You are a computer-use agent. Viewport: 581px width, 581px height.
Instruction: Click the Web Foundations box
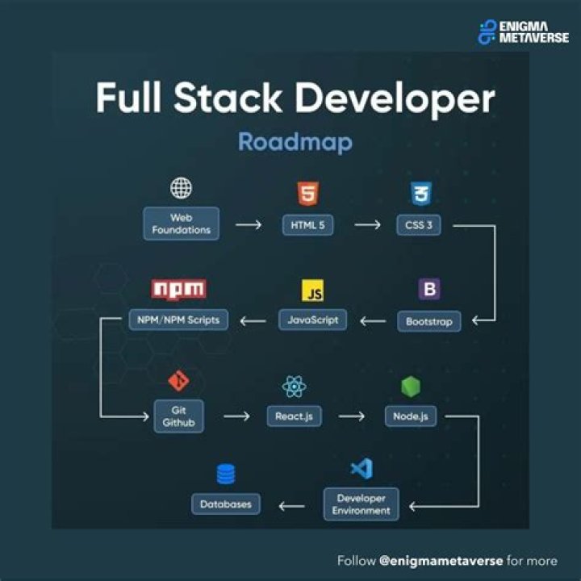coord(181,224)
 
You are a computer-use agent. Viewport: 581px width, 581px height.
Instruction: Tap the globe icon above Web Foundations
coord(181,189)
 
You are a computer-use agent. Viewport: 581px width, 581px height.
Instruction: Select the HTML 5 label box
coord(307,225)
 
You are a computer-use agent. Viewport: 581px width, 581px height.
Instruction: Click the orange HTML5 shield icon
coord(307,194)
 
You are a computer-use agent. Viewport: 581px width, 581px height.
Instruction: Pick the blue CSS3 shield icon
coord(420,194)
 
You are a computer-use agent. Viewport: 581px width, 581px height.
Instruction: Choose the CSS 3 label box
coord(419,225)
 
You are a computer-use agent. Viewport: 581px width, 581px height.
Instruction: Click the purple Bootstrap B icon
coord(429,289)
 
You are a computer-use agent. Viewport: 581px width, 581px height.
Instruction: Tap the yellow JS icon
coord(312,290)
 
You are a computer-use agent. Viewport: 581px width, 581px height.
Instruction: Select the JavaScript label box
coord(312,320)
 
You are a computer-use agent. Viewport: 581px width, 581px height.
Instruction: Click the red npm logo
coord(178,289)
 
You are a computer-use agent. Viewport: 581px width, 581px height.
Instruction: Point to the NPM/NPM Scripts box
coord(178,320)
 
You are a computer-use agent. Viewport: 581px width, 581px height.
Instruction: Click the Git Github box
coord(178,416)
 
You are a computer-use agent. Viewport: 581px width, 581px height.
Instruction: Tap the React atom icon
coord(294,387)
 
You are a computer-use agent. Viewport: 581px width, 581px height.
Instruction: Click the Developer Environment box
coord(362,504)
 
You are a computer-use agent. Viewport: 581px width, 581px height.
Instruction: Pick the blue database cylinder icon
coord(226,474)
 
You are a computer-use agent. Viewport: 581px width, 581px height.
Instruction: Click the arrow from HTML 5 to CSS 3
coord(367,225)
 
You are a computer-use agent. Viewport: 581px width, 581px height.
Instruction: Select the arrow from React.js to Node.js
coord(352,416)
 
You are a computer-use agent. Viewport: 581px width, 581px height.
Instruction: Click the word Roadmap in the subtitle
coord(295,142)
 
